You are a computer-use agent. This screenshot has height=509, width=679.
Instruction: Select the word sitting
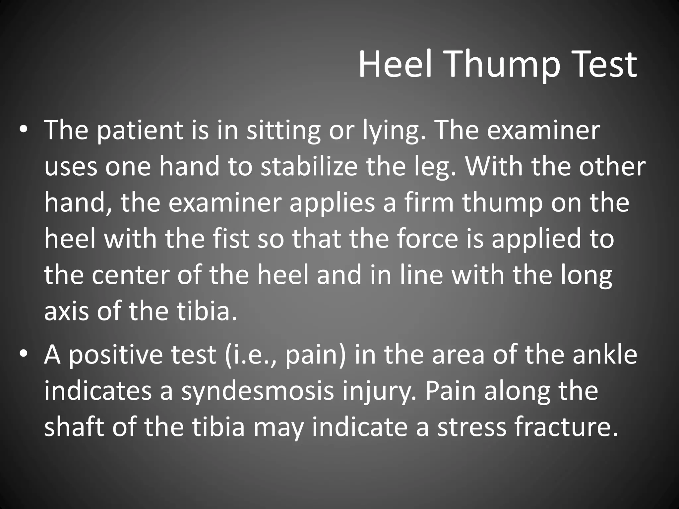point(283,130)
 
